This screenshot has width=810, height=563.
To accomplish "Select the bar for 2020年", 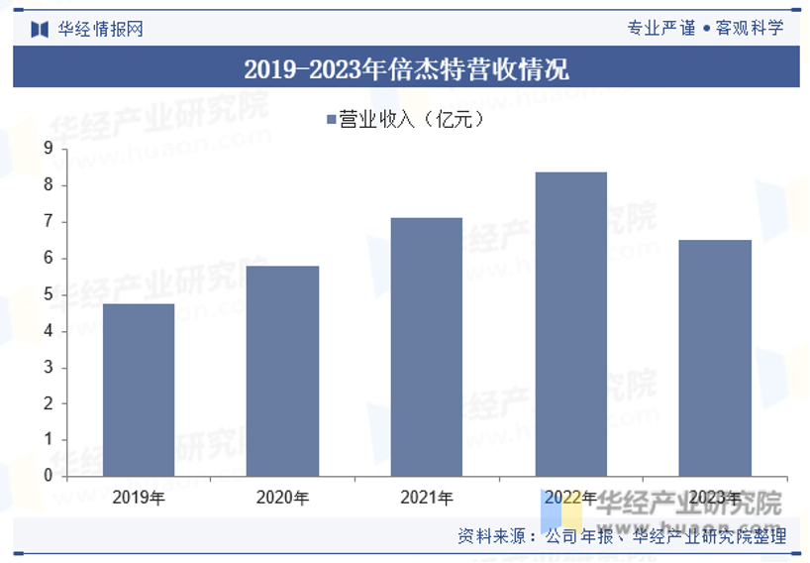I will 282,371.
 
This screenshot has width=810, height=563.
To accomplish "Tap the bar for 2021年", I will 427,347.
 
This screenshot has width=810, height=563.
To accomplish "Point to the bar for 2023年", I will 715,358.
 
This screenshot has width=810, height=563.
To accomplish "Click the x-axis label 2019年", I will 139,497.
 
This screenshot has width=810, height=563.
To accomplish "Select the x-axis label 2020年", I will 282,497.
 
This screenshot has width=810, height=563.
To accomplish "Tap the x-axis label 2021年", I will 427,497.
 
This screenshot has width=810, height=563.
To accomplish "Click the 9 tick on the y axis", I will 48,149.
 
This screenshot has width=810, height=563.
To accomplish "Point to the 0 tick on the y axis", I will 48,476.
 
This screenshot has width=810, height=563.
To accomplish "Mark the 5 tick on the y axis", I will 48,294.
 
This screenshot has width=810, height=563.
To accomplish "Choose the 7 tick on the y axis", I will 48,222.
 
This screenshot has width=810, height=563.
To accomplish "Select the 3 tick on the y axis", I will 48,368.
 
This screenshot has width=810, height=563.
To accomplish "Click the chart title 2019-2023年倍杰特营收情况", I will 406,69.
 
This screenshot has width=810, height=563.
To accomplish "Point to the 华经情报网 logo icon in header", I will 40,29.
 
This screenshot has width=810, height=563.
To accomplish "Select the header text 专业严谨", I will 661,28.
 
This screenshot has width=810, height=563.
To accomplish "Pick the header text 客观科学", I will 750,28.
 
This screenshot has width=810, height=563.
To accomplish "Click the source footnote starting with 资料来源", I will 622,536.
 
